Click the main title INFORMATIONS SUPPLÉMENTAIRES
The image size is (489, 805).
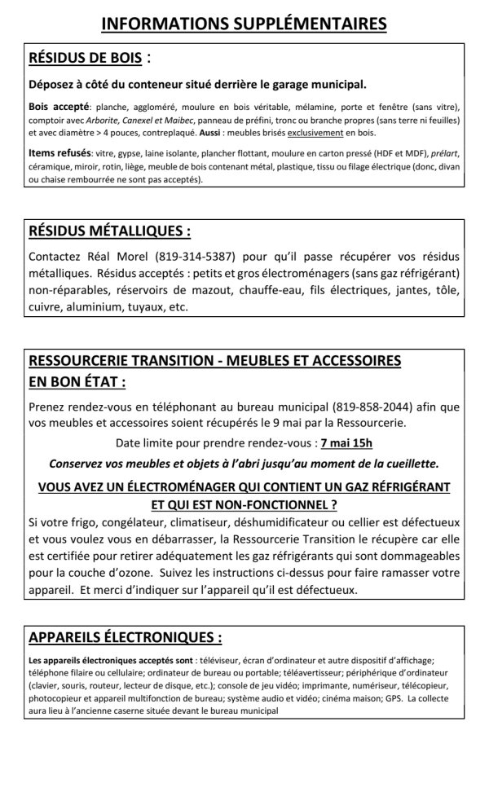(244, 24)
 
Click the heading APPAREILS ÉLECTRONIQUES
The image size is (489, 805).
(125, 636)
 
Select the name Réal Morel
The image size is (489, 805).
(117, 255)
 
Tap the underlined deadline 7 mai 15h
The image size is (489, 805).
(346, 444)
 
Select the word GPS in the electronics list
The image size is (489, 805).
(391, 698)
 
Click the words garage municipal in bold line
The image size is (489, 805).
(314, 84)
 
